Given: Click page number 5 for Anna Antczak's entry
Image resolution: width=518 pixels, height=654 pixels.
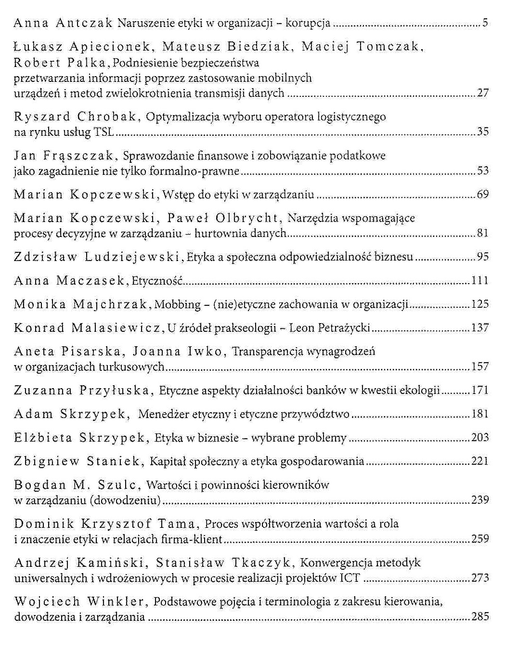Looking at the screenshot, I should point(485,23).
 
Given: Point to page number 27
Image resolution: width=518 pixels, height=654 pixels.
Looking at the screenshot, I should point(483,93).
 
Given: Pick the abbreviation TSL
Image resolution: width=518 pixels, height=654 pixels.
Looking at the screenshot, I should point(104,131).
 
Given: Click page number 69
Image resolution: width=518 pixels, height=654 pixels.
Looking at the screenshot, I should point(483,194).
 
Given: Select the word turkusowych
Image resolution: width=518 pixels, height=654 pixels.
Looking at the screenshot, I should point(131,367).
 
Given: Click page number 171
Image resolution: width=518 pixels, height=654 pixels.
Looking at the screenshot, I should point(480,390).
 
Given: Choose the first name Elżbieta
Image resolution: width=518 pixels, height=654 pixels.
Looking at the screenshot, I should point(43,438).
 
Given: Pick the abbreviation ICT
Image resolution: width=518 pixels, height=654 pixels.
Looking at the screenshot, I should point(350,578).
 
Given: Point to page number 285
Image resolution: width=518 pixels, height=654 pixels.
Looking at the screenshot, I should point(480,616).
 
